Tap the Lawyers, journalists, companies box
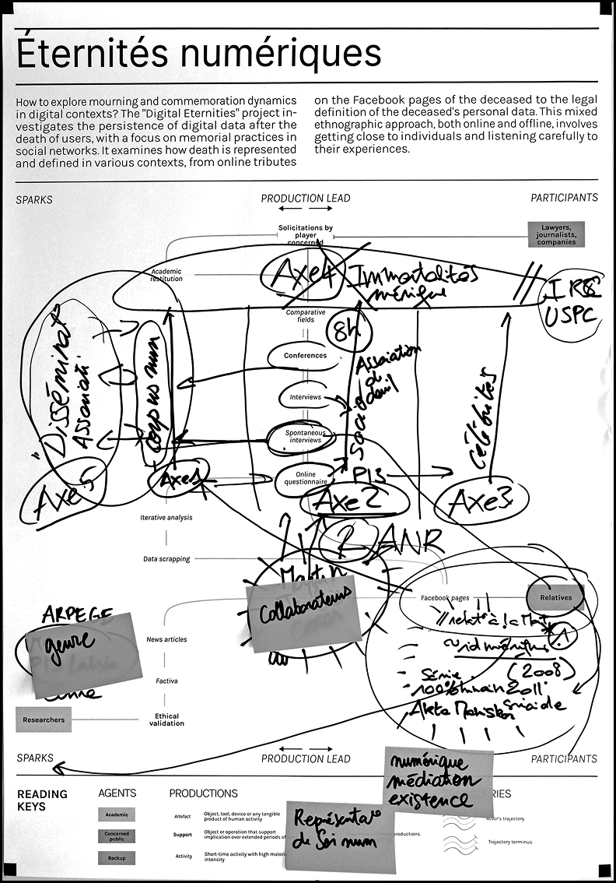(556, 234)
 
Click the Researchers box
(44, 719)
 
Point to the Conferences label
(305, 356)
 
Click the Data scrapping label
(166, 559)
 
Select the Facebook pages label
(445, 598)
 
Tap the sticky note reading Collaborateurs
(303, 613)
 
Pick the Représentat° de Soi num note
(340, 835)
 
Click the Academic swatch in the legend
(116, 815)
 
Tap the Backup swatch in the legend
(116, 857)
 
